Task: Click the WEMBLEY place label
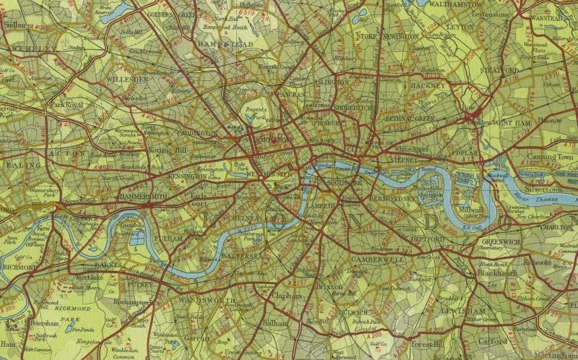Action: tap(33, 48)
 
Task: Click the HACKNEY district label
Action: tap(429, 85)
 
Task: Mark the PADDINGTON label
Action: tap(194, 134)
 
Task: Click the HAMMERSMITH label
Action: tap(144, 196)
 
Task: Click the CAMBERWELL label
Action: tap(378, 259)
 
